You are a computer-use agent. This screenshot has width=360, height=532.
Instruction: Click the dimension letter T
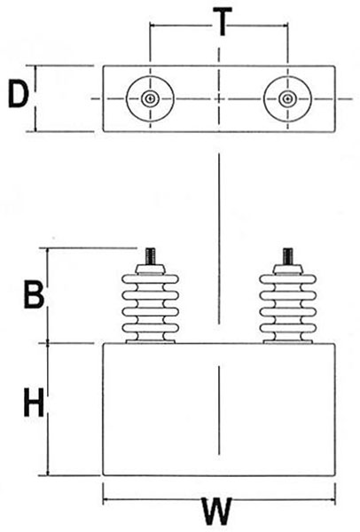[x=223, y=21]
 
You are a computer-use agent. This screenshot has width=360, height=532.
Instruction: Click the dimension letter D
[x=19, y=94]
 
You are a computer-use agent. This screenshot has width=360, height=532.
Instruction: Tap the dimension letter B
[x=34, y=294]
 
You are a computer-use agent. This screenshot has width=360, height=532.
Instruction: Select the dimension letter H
[x=34, y=403]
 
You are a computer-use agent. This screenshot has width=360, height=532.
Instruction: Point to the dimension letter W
[x=218, y=512]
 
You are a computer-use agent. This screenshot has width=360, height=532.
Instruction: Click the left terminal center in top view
[x=150, y=98]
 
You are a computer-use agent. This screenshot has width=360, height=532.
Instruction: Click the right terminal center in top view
[x=287, y=98]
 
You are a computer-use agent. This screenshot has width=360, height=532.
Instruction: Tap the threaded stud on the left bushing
[x=151, y=256]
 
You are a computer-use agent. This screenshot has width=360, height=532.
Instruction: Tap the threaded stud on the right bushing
[x=288, y=256]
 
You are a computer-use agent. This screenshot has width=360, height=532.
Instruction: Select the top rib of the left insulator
[x=151, y=279]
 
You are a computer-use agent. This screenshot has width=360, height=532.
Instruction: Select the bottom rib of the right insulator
[x=288, y=328]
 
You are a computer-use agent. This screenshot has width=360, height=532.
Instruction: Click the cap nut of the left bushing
[x=151, y=270]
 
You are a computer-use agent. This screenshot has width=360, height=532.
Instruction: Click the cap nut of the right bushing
[x=287, y=270]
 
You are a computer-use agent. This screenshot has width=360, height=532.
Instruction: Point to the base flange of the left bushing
[x=151, y=341]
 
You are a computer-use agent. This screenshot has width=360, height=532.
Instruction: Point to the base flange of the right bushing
[x=288, y=341]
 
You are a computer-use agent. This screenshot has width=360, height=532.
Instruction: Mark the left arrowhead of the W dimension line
[x=106, y=499]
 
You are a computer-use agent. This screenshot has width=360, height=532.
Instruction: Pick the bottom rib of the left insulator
[x=151, y=328]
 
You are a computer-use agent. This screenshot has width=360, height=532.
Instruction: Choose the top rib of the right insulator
[x=288, y=279]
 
